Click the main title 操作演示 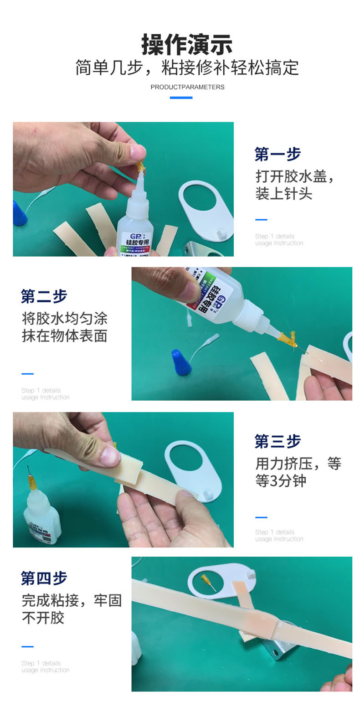click(x=187, y=45)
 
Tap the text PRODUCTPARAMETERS click(x=187, y=87)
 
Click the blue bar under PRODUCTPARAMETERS click(x=181, y=98)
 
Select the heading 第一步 click(x=278, y=155)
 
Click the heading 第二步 click(x=44, y=296)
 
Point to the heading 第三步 click(x=278, y=441)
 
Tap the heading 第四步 click(x=44, y=578)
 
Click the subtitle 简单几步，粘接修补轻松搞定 click(x=187, y=67)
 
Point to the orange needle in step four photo click(x=209, y=582)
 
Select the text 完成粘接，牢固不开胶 click(x=72, y=609)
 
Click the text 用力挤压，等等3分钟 click(x=298, y=472)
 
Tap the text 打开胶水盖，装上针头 click(x=294, y=185)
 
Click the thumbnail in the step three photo click(x=108, y=456)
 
